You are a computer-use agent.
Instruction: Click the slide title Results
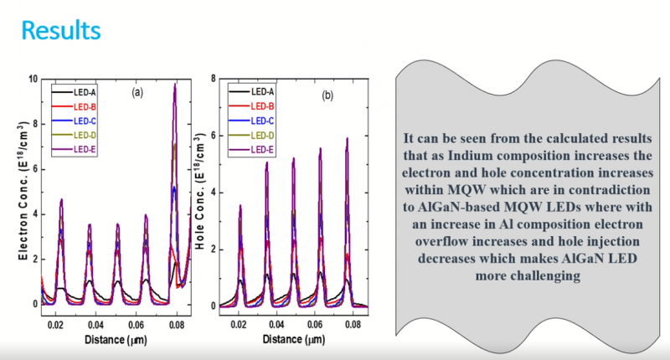61,30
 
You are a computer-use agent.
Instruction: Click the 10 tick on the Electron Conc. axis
33,79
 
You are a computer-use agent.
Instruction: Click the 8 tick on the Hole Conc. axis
214,79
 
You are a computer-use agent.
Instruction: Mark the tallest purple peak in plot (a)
175,85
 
